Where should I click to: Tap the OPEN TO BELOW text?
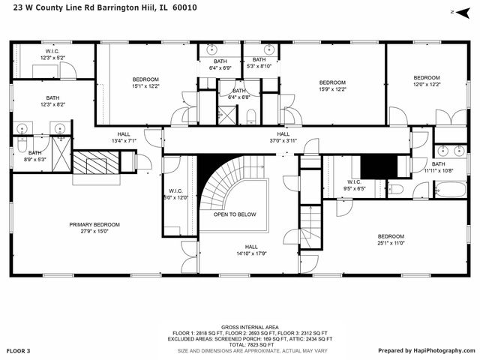click(x=235, y=214)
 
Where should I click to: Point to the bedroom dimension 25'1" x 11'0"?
click(x=391, y=243)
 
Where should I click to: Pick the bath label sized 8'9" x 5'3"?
click(x=35, y=159)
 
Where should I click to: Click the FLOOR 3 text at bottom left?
click(x=19, y=351)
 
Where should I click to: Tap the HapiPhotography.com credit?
click(x=425, y=351)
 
